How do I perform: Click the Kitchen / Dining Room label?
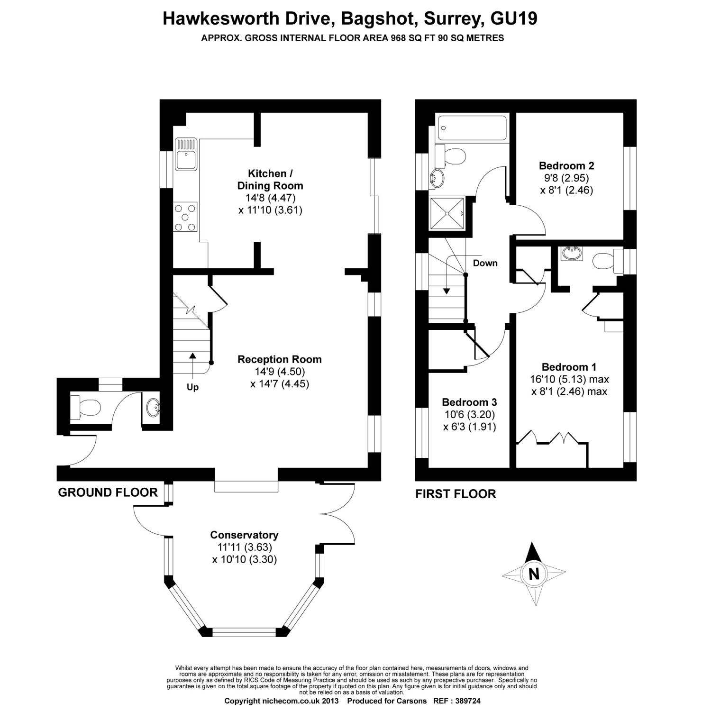pyautogui.click(x=270, y=180)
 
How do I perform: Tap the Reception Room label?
pyautogui.click(x=280, y=359)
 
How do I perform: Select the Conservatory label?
pyautogui.click(x=244, y=535)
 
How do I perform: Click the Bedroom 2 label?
pyautogui.click(x=566, y=166)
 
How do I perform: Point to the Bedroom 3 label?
pyautogui.click(x=469, y=402)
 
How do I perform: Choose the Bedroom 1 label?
pyautogui.click(x=569, y=367)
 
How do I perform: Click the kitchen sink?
pyautogui.click(x=186, y=154)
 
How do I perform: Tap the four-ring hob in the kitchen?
pyautogui.click(x=186, y=217)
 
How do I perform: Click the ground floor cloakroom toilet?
pyautogui.click(x=85, y=407)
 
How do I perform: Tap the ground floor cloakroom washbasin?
pyautogui.click(x=152, y=407)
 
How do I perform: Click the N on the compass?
pyautogui.click(x=534, y=574)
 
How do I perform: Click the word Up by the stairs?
pyautogui.click(x=192, y=387)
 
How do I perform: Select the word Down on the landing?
pyautogui.click(x=485, y=263)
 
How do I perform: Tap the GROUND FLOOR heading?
pyautogui.click(x=108, y=492)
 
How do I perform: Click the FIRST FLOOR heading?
pyautogui.click(x=456, y=494)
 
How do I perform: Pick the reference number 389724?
pyautogui.click(x=468, y=701)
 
